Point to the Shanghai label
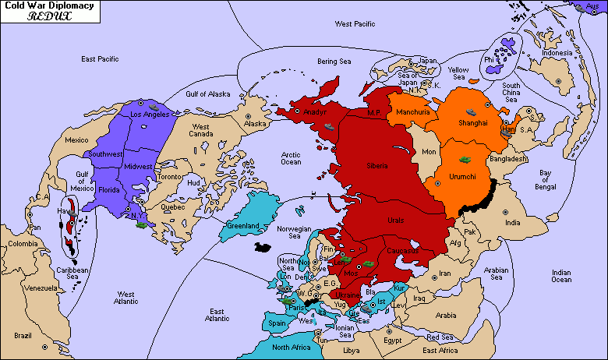coord(473,123)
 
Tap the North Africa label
coord(292,347)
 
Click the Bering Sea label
coord(336,61)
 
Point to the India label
coord(511,223)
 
